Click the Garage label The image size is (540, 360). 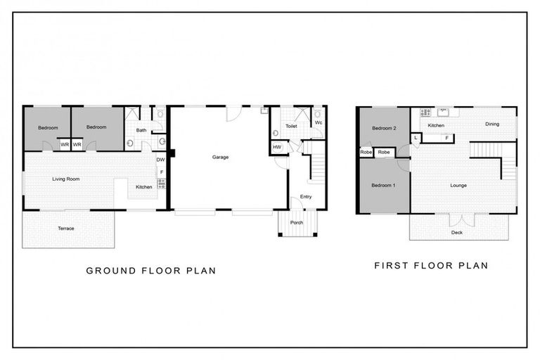[x=220, y=157]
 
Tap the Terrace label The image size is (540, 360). [x=66, y=229]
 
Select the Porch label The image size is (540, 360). [x=297, y=222]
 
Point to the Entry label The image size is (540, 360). [x=306, y=196]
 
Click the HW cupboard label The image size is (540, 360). [x=277, y=147]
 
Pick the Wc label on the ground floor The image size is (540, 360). [x=318, y=122]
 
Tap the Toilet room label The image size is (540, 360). [x=291, y=126]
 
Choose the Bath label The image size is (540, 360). [x=141, y=130]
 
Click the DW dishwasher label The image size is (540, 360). [x=160, y=160]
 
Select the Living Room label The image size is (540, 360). [x=66, y=179]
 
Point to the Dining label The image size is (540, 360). [x=491, y=124]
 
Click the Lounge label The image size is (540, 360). [x=458, y=186]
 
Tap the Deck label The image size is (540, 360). [x=457, y=233]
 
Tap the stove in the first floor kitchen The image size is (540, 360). [x=425, y=112]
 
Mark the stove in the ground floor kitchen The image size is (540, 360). [x=161, y=184]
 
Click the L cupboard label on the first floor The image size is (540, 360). [x=416, y=138]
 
